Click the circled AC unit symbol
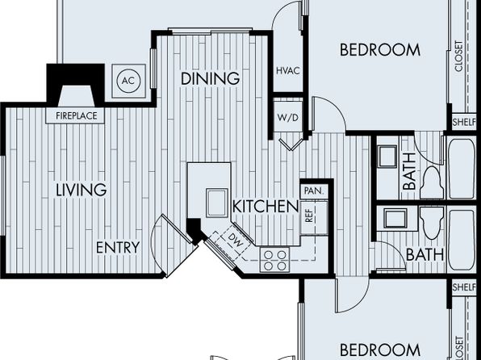coord(128,81)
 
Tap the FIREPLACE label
coord(77,116)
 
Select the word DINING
coord(210,78)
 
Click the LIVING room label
coord(82,190)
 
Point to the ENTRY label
coord(118,247)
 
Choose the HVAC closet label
coord(288,71)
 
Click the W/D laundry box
coord(288,117)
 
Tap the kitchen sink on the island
coord(217,203)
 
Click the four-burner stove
coord(275,260)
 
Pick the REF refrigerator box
coord(314,218)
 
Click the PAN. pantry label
coord(314,190)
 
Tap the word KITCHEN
coord(266,207)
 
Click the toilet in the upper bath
coord(432,183)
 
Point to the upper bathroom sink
coord(387,157)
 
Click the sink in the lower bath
coord(395,218)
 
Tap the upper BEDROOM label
coord(380,50)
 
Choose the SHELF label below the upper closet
coord(464,122)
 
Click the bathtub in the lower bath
coord(462,240)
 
